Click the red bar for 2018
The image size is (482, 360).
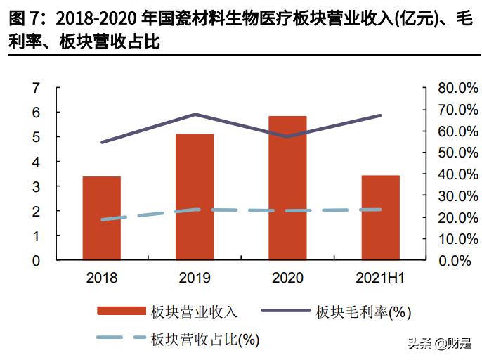102,218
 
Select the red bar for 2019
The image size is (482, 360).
195,197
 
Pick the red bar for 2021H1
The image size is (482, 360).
381,217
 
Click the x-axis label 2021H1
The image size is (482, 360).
381,278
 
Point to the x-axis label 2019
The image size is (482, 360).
195,278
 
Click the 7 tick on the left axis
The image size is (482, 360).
37,88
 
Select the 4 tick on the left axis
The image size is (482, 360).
37,162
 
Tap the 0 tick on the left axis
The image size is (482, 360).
37,260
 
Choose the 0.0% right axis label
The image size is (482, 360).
451,261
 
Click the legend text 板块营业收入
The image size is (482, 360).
194,311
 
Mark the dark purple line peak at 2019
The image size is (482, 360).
195,114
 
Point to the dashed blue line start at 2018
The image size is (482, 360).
103,219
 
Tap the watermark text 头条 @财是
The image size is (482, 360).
438,344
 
